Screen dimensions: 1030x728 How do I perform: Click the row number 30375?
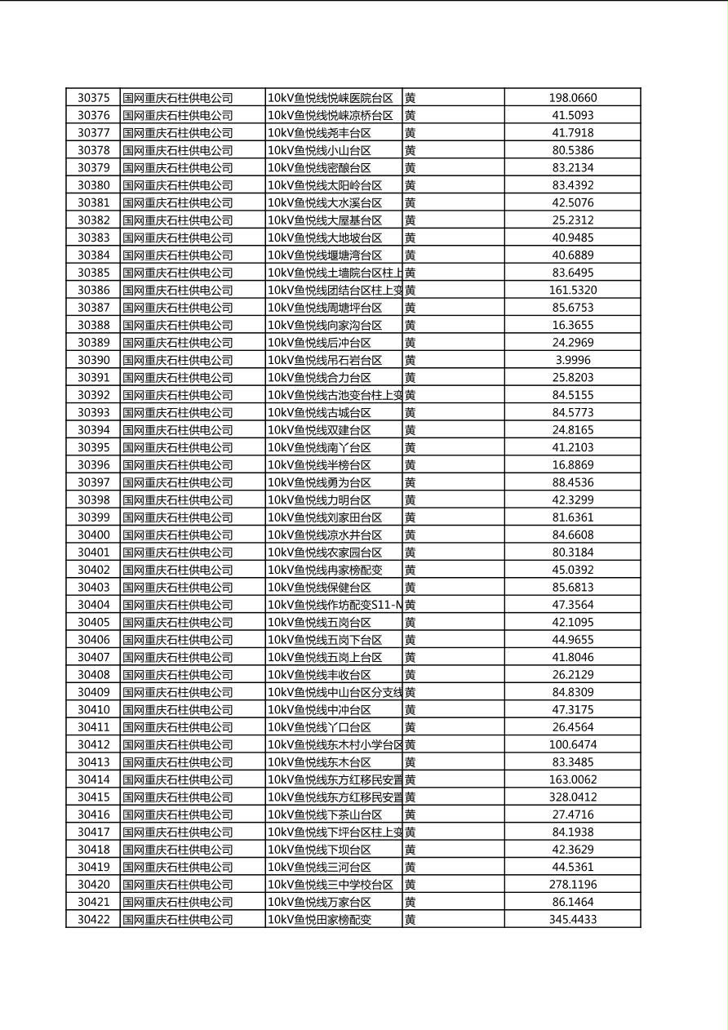point(93,98)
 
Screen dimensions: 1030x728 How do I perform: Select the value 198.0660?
point(572,98)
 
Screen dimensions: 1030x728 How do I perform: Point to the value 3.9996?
point(572,360)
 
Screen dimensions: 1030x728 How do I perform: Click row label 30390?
point(93,360)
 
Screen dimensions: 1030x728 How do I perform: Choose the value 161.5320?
point(572,290)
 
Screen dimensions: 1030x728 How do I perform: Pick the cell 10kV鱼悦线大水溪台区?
point(325,202)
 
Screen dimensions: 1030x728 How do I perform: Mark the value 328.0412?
point(572,797)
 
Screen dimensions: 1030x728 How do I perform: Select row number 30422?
point(93,919)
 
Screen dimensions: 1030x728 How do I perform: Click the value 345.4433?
point(572,919)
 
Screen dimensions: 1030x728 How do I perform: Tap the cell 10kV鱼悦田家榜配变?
point(320,919)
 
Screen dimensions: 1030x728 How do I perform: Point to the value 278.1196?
point(572,884)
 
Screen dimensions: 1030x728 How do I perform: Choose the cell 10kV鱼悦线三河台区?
point(320,867)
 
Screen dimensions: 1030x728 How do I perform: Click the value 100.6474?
point(572,744)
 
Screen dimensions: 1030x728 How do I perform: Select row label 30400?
point(93,535)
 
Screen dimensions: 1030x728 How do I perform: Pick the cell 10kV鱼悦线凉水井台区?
point(325,535)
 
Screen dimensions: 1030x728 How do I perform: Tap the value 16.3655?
point(572,325)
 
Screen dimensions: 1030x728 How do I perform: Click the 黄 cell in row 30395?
point(411,447)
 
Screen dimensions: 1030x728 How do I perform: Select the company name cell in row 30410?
point(178,709)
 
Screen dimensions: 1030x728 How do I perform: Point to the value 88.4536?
point(572,482)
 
